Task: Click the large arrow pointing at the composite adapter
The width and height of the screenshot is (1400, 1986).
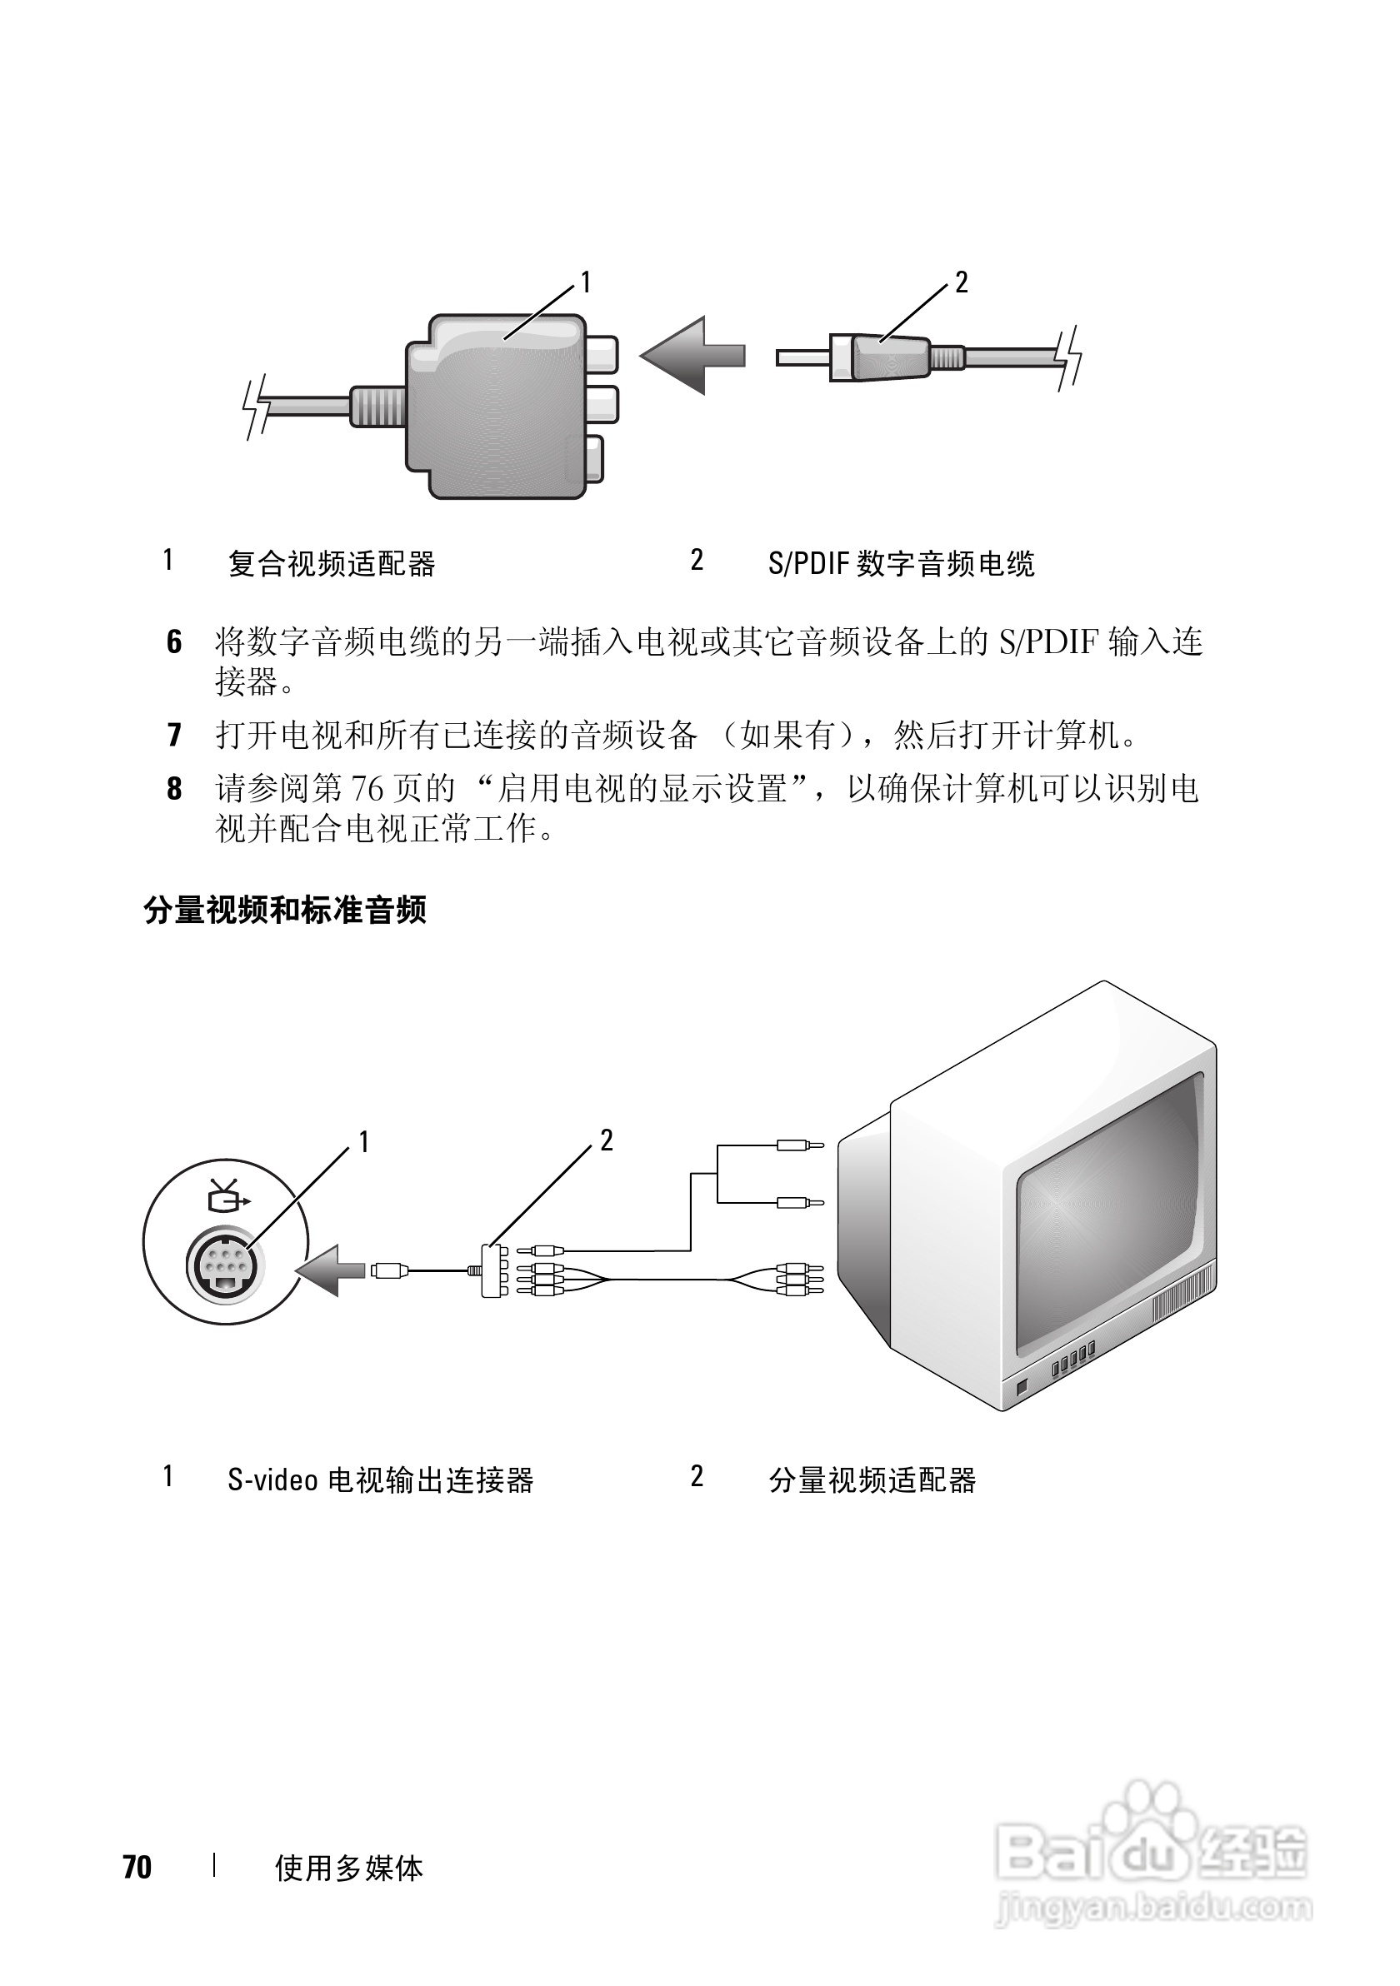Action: tap(692, 355)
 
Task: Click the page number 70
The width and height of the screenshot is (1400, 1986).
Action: tap(137, 1867)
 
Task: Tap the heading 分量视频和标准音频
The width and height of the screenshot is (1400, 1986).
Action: tap(285, 911)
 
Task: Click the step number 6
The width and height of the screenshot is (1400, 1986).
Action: tap(174, 641)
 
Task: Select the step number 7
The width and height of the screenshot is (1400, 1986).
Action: tap(174, 736)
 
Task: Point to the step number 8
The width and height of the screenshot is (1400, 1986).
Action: tap(174, 789)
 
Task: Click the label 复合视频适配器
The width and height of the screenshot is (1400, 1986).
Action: tap(332, 564)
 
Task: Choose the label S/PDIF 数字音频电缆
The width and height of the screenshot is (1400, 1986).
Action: tap(901, 564)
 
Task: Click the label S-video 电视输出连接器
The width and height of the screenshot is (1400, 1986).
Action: tap(381, 1480)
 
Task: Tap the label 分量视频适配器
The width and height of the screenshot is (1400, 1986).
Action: tap(872, 1480)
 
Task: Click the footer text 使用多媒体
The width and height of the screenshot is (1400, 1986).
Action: tap(348, 1869)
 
